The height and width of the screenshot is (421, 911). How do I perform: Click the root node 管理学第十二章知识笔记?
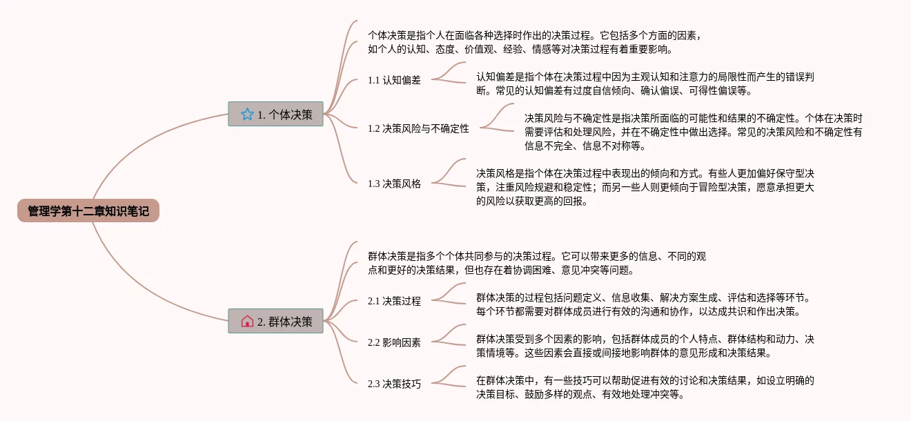[x=88, y=210]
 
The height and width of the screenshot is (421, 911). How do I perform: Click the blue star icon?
[x=247, y=115]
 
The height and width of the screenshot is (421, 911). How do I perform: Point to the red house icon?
[x=247, y=321]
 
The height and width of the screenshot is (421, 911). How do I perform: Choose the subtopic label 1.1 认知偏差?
[x=394, y=80]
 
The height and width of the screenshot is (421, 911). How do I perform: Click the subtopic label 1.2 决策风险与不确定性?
[x=418, y=128]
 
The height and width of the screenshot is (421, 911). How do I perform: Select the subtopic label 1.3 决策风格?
[x=394, y=184]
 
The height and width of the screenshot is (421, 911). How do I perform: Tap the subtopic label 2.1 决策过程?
[x=394, y=301]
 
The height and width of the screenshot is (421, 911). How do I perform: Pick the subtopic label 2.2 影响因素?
[x=394, y=342]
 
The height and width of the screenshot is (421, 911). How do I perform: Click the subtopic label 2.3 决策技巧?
[x=394, y=384]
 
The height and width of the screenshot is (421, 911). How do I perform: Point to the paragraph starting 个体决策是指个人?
[x=535, y=41]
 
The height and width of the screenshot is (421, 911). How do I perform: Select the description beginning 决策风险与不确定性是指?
[x=693, y=132]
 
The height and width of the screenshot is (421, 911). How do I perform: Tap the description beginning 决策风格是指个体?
[x=645, y=187]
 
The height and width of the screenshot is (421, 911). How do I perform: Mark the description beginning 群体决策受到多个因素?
[x=645, y=346]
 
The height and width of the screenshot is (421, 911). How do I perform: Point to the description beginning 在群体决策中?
[x=645, y=387]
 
